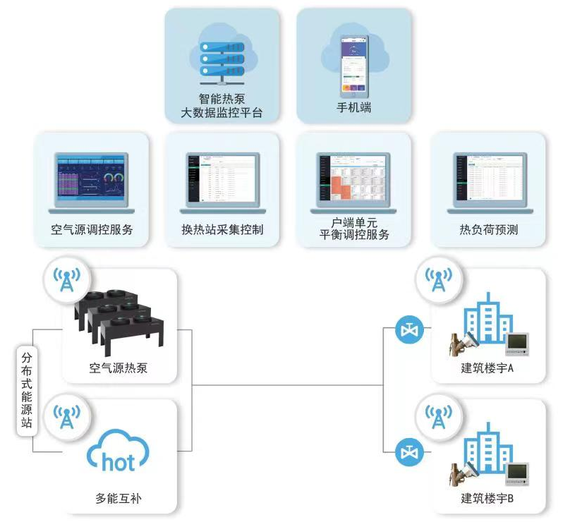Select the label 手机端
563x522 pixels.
coord(353,110)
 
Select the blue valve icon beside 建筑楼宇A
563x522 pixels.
coord(408,329)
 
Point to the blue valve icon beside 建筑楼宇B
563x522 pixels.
coord(408,451)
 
